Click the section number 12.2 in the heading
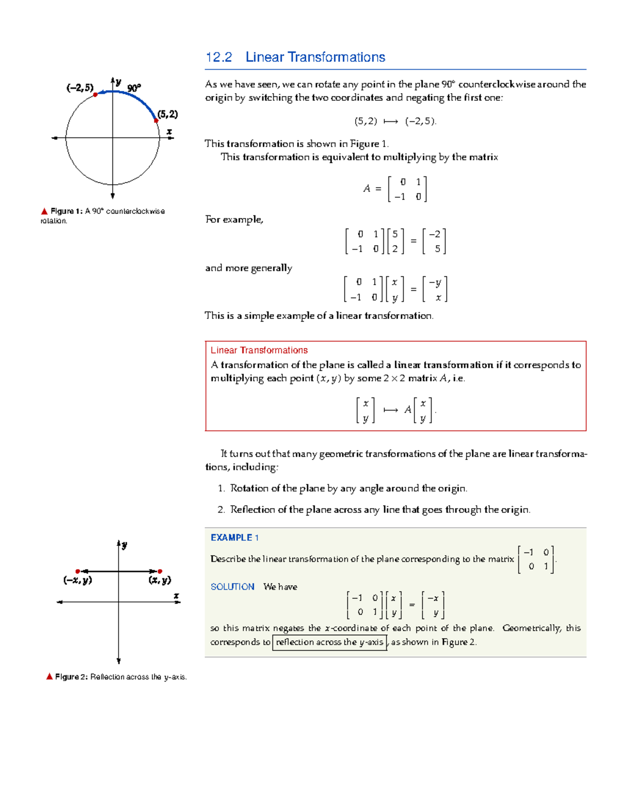point(218,57)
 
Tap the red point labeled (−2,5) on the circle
point(95,95)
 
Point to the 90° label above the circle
point(134,88)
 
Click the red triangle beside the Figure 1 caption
point(44,211)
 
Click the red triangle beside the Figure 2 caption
point(49,676)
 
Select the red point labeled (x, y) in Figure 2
point(160,571)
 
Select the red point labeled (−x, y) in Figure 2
point(78,571)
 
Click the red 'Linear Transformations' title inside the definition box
point(259,350)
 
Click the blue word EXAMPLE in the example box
point(231,537)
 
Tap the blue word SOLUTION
point(232,586)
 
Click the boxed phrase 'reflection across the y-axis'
point(329,642)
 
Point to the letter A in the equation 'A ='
point(367,189)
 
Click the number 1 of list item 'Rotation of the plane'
point(220,488)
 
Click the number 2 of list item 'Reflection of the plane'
point(220,509)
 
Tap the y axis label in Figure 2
point(124,545)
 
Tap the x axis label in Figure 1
point(169,132)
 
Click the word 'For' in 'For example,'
point(213,219)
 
